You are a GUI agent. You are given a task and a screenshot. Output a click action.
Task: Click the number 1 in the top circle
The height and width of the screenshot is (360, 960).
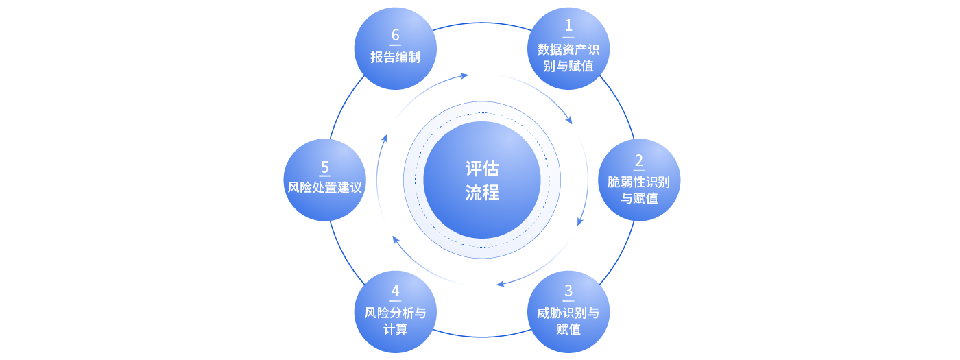(568, 26)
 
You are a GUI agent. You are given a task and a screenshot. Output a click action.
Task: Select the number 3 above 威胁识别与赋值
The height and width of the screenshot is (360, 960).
(568, 291)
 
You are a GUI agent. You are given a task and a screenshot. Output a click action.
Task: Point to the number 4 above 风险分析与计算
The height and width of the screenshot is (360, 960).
(395, 291)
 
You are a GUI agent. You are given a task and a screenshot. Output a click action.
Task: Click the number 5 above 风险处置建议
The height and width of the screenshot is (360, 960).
(324, 167)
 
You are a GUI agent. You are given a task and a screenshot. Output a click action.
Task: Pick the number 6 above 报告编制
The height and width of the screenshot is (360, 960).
(395, 35)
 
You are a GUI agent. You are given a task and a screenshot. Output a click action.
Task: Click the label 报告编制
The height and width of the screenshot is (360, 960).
(395, 58)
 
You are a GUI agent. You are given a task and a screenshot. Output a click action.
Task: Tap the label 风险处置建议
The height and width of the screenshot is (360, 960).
(324, 187)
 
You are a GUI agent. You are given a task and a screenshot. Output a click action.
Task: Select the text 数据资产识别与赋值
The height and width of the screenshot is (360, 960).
(568, 58)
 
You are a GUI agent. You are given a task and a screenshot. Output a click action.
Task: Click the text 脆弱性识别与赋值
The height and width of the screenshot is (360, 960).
(639, 190)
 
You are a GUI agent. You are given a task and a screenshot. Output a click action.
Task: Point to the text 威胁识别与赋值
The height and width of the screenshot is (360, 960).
(568, 321)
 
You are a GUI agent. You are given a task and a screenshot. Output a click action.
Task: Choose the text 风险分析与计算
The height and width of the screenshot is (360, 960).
(395, 321)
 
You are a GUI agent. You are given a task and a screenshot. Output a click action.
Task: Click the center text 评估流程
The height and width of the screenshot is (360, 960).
(482, 180)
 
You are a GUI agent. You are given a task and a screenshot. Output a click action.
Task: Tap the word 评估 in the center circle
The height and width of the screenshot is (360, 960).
(482, 169)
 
